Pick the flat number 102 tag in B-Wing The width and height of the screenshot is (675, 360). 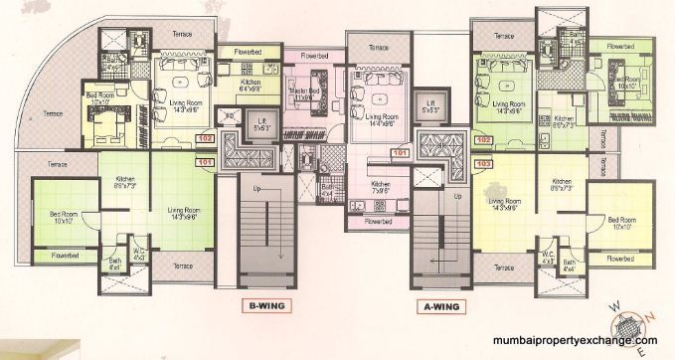[x=207, y=139]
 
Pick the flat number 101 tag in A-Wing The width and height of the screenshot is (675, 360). [x=401, y=153]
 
